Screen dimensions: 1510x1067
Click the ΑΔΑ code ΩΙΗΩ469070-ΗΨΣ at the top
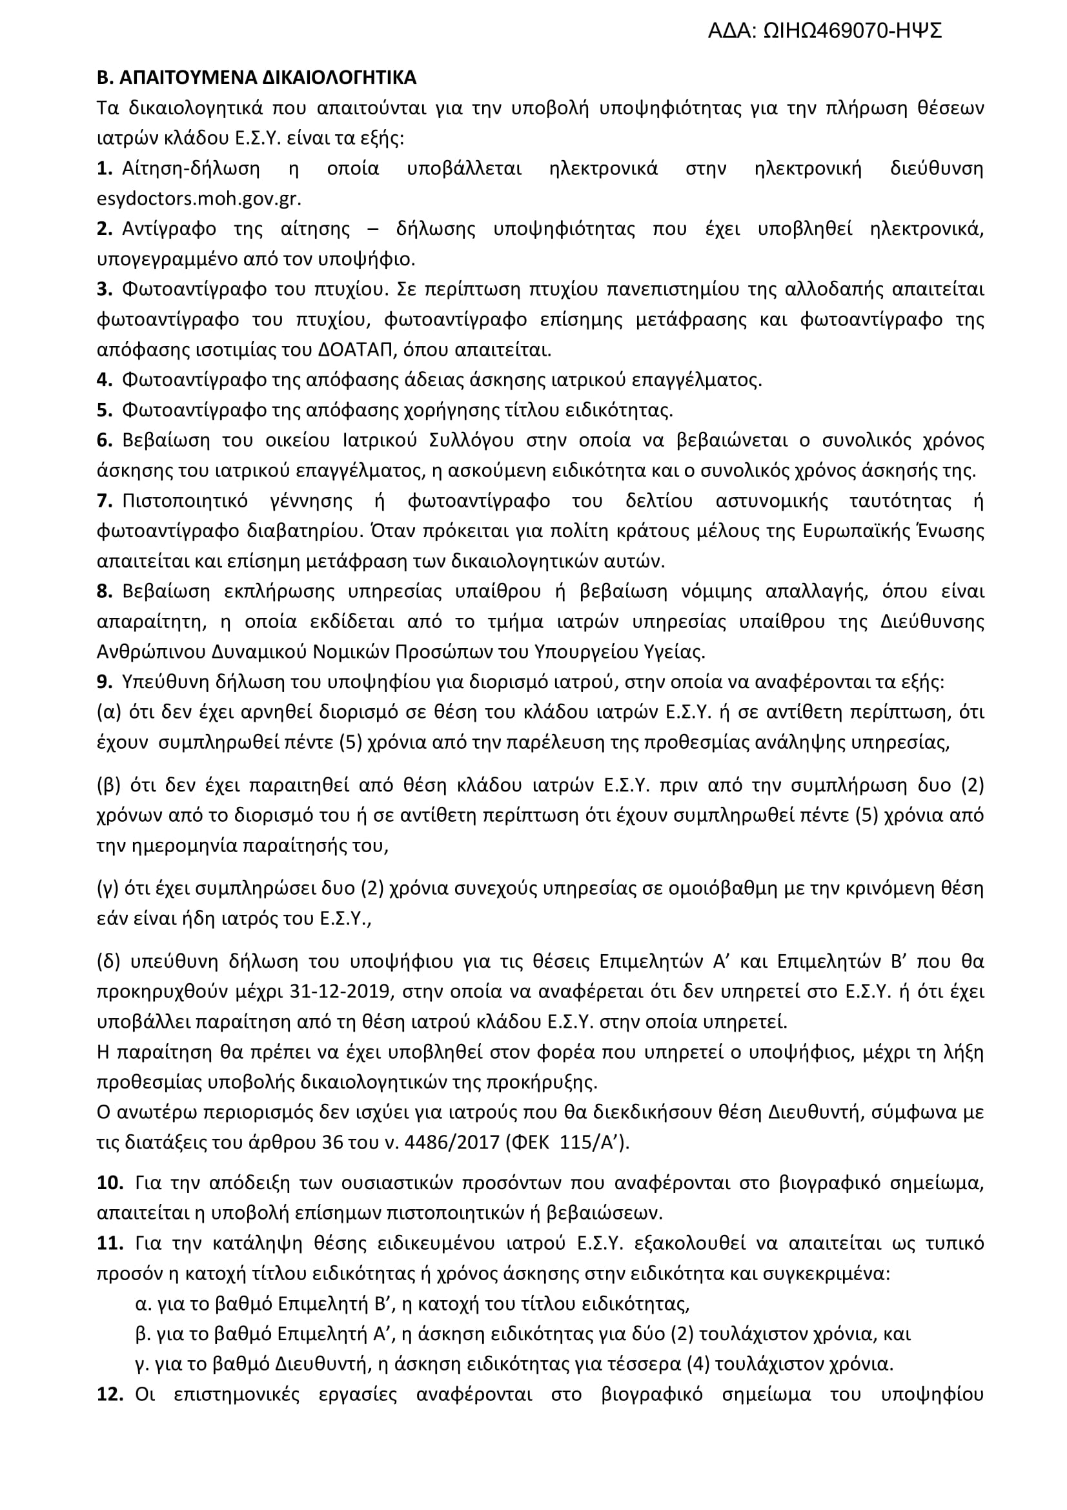pos(852,31)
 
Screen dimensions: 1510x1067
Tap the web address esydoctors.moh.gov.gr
pos(199,199)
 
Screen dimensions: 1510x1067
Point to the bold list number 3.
pos(105,289)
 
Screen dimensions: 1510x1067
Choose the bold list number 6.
pos(105,441)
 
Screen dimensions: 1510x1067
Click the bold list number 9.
pos(105,682)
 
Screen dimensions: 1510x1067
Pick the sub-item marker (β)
pos(108,785)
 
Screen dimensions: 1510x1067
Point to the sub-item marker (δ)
pos(108,961)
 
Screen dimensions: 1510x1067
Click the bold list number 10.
pos(110,1183)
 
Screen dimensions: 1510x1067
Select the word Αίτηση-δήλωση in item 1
pos(190,169)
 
